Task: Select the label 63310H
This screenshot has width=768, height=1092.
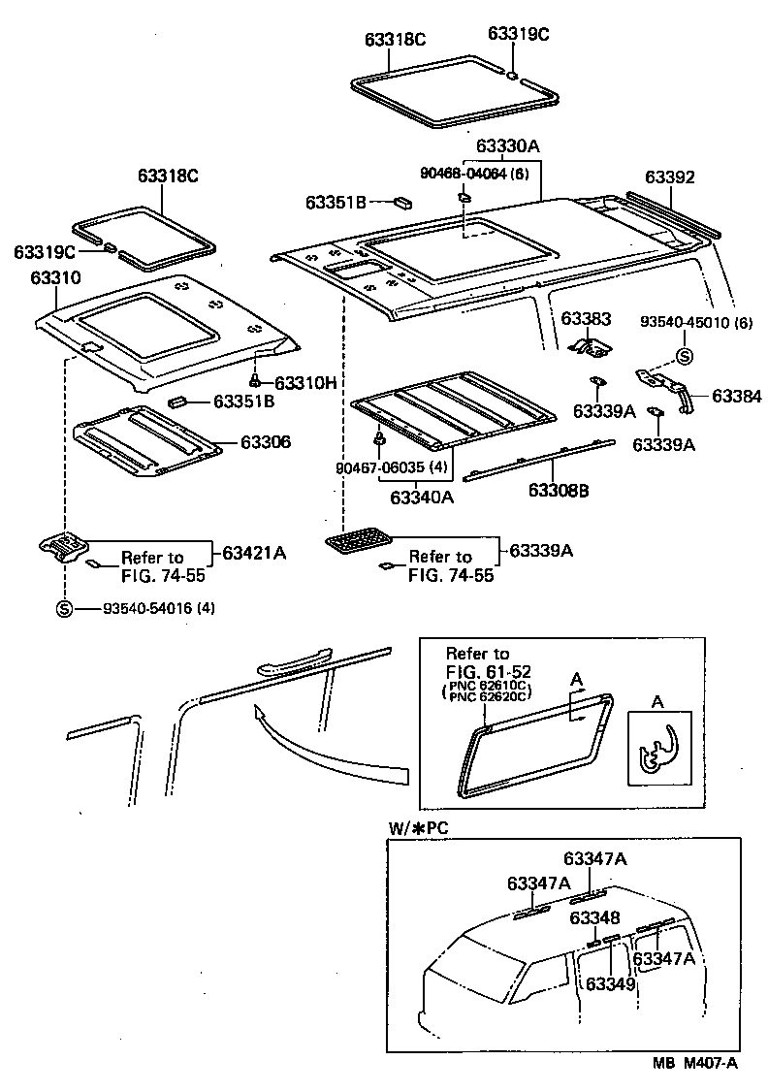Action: [304, 383]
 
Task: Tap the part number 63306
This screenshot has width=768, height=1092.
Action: [266, 442]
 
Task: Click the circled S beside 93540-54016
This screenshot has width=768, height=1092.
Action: [64, 609]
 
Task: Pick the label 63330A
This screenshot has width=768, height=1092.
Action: [507, 146]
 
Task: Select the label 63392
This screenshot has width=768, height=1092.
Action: [670, 177]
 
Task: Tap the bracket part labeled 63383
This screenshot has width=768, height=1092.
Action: [590, 344]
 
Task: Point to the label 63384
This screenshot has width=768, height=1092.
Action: [737, 396]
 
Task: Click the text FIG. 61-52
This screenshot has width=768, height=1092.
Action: [488, 670]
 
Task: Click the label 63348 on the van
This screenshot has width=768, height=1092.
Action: [594, 917]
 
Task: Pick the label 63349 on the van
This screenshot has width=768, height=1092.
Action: [610, 983]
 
